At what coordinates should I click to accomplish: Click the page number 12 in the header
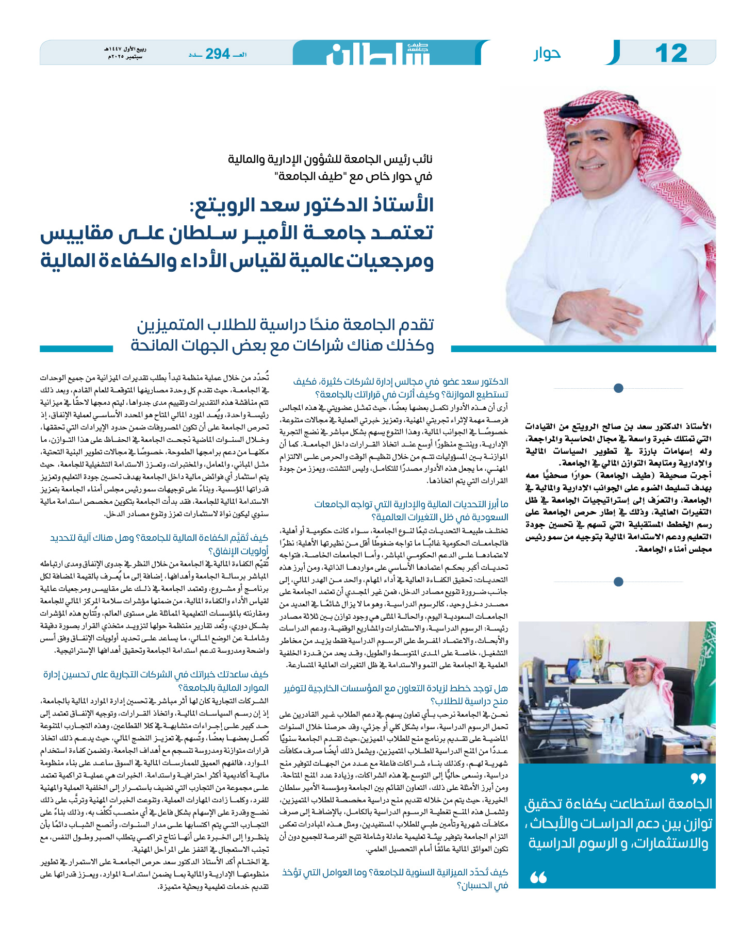coord(671,53)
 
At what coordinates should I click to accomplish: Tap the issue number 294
coord(217,54)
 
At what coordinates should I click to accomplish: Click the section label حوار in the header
coord(547,54)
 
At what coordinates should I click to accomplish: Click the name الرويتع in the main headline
coord(225,205)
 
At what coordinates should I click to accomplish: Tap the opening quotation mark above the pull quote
coord(698,778)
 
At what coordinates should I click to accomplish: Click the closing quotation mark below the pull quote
coord(538,876)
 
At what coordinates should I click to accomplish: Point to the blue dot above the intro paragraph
coord(618,388)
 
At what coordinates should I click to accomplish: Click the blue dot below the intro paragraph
coord(618,582)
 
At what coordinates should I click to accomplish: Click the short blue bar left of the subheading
coord(76,349)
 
